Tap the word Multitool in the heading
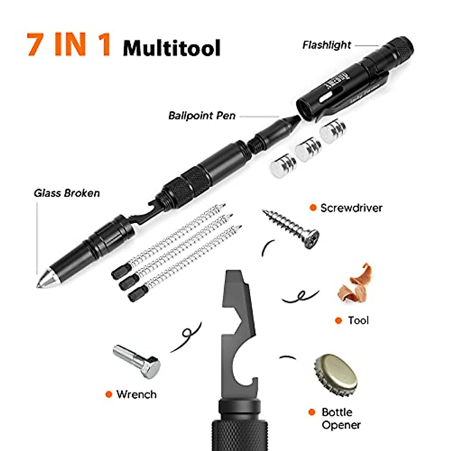(x=171, y=48)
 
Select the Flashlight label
(x=326, y=45)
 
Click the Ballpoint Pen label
(x=202, y=115)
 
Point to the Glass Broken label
(x=67, y=193)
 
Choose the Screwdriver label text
(x=351, y=208)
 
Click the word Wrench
(x=136, y=394)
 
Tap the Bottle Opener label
(x=341, y=418)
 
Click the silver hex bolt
(x=137, y=360)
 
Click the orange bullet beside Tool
(x=338, y=321)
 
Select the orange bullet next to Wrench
(x=109, y=394)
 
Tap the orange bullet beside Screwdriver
(x=313, y=208)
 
